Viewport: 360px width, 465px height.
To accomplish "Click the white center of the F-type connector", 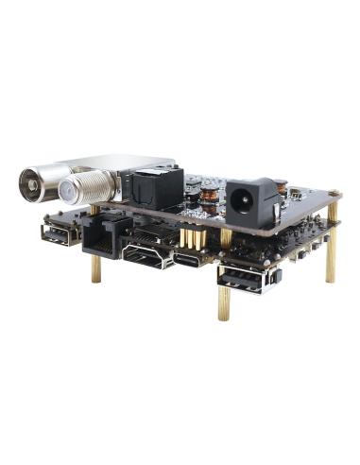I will point(72,194).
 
